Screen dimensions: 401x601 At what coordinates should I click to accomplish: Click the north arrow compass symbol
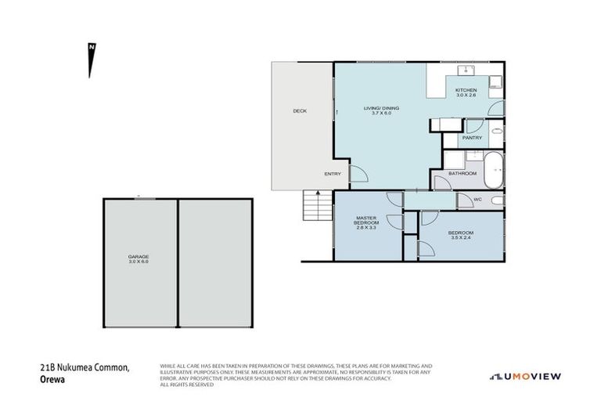tap(92, 60)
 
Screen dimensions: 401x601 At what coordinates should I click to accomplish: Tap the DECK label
tap(300, 111)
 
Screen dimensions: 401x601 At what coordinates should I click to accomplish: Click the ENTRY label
tap(333, 174)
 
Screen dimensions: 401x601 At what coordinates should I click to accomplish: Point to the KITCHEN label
tap(466, 90)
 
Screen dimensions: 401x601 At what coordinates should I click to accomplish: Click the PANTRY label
tap(472, 138)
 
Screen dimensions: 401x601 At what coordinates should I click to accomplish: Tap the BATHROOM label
tap(462, 173)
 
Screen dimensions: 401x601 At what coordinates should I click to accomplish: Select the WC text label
tap(477, 200)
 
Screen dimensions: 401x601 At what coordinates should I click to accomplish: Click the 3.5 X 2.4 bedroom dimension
tap(460, 239)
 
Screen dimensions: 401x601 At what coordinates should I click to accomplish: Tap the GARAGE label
tap(139, 257)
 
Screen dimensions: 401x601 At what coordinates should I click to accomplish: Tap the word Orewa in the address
tap(51, 378)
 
